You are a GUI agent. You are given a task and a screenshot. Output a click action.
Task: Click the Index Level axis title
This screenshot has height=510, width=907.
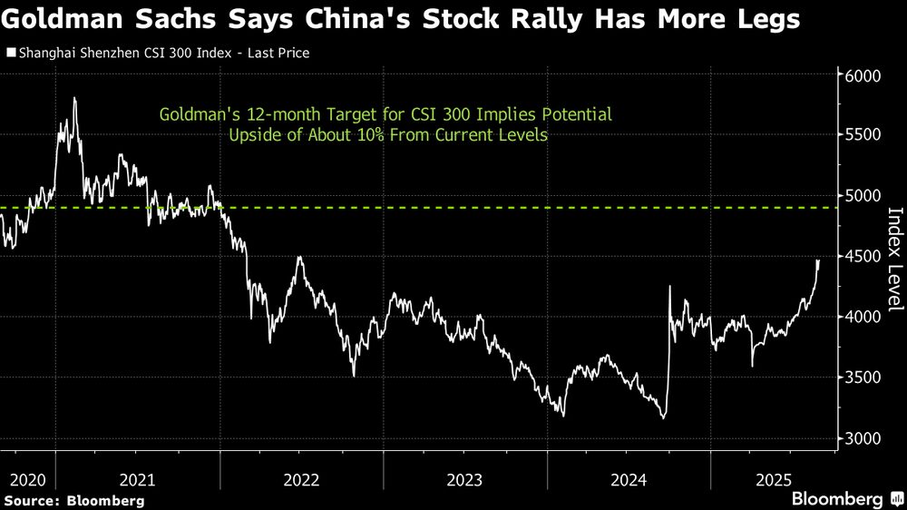pos(894,259)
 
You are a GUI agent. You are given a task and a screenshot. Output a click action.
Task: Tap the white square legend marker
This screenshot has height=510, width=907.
pos(10,54)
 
